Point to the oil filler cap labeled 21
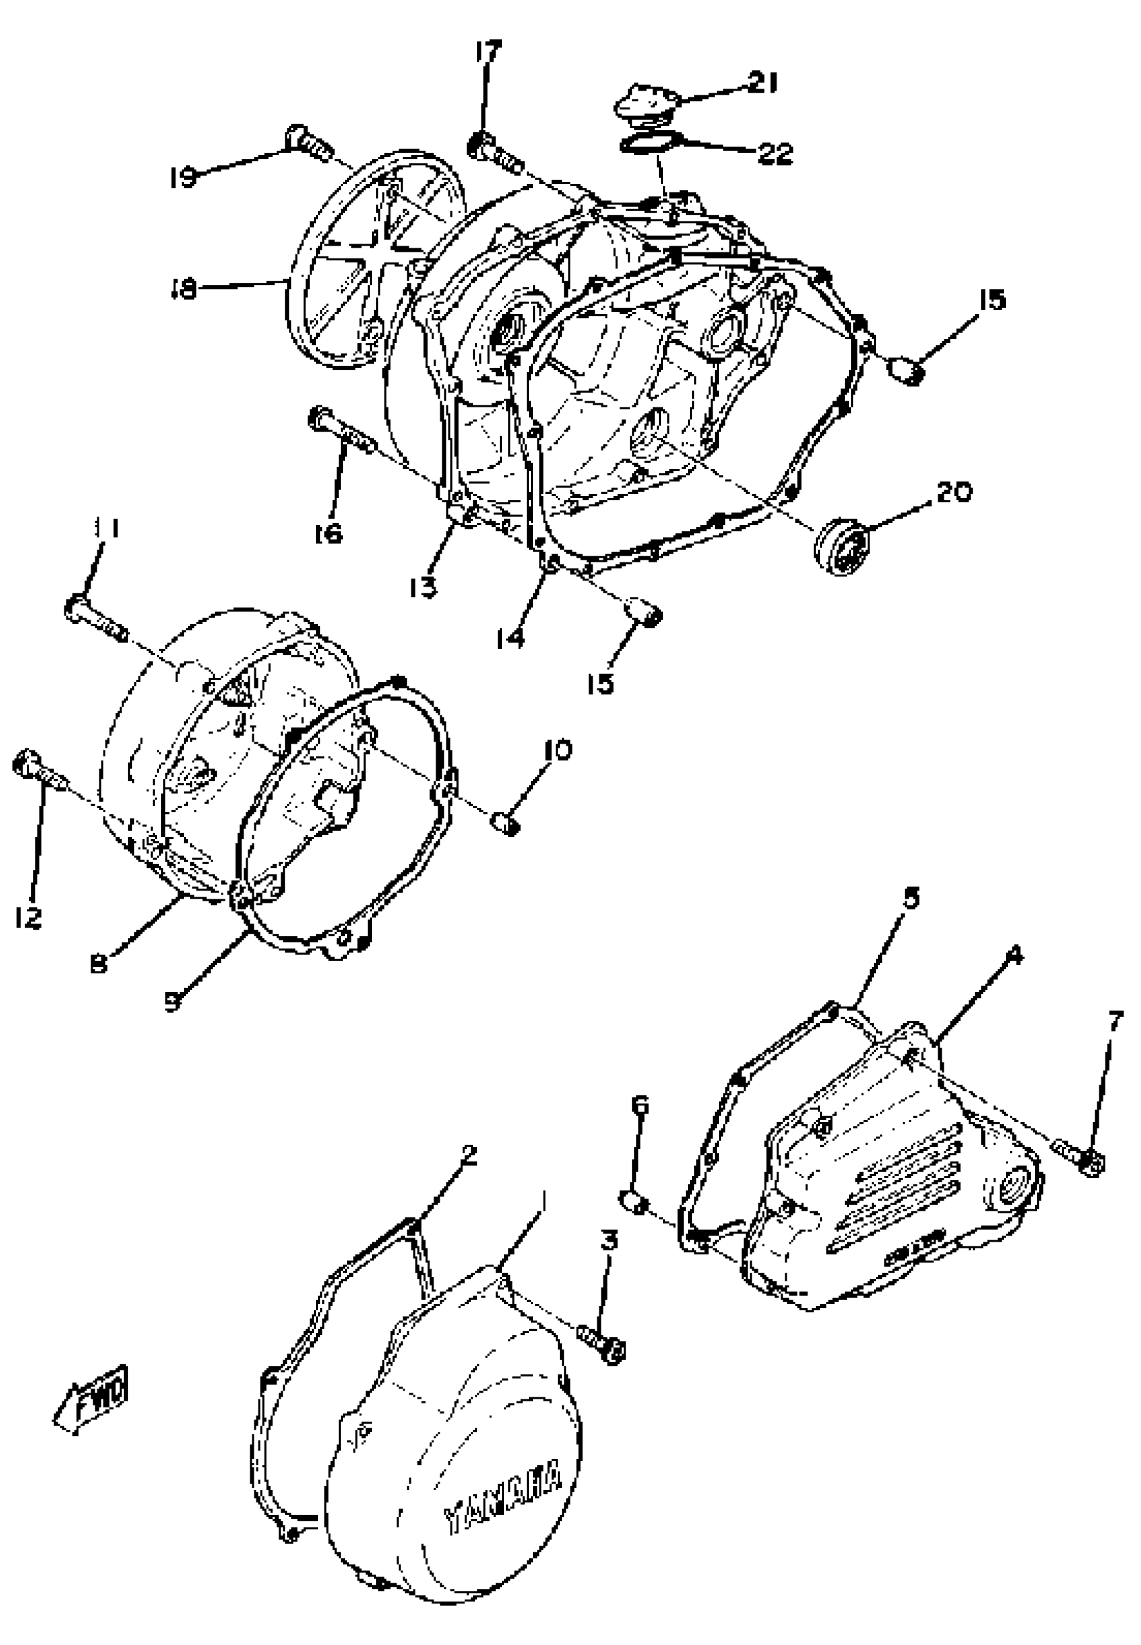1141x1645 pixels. coord(646,102)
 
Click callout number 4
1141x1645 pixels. coord(1013,956)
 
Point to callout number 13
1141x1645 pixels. coord(423,588)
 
